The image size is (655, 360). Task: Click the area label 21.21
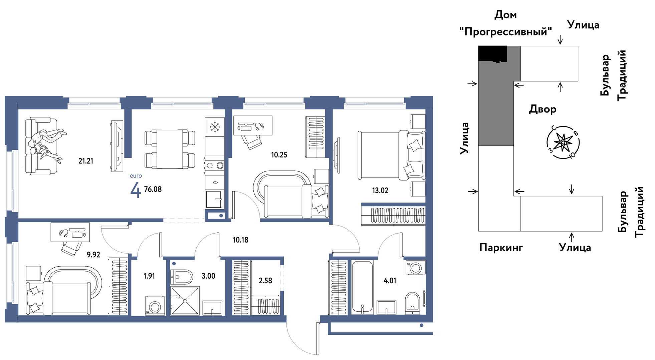(86, 161)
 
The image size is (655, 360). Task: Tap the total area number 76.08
(153, 189)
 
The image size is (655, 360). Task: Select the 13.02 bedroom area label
(380, 191)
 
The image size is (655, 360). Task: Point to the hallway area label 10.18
(241, 240)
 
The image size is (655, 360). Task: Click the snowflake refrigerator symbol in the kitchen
(215, 127)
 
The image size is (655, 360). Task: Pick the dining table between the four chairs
(170, 149)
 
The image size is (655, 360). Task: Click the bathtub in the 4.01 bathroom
(362, 287)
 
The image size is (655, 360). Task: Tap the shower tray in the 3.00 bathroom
(185, 301)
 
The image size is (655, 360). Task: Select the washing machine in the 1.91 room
(155, 306)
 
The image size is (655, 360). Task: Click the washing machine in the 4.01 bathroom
(416, 267)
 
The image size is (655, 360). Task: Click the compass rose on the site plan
(563, 143)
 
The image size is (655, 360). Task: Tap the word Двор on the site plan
(543, 109)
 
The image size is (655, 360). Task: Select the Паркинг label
(501, 248)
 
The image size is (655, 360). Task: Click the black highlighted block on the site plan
(493, 54)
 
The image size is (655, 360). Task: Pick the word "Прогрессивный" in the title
(505, 32)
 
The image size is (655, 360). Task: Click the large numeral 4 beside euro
(136, 191)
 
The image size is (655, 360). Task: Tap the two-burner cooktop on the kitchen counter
(215, 165)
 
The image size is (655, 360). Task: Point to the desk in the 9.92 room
(70, 232)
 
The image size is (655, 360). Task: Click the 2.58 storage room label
(265, 281)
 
